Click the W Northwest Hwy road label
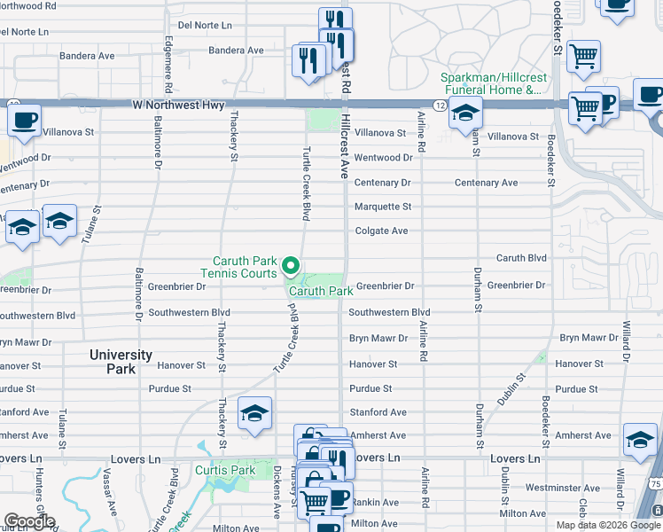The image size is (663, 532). (178, 105)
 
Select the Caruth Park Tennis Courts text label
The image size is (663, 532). (245, 267)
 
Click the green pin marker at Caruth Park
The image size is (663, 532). (290, 265)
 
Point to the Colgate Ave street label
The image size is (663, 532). (381, 231)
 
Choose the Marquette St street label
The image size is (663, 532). (383, 207)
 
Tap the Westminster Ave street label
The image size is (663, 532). (562, 488)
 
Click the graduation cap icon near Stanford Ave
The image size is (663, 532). (254, 413)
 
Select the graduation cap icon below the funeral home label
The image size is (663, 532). (464, 113)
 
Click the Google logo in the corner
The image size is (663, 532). (30, 521)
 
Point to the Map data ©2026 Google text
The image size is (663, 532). (607, 525)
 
